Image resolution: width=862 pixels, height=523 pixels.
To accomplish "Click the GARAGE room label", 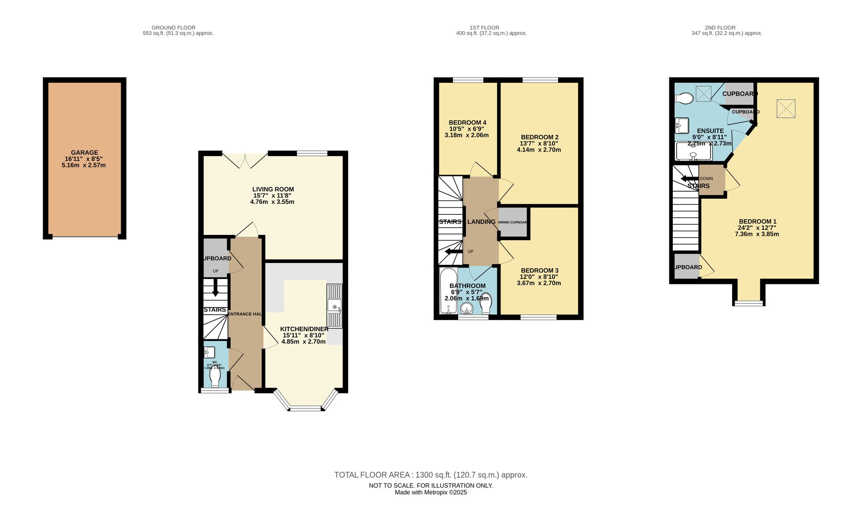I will [x=84, y=153].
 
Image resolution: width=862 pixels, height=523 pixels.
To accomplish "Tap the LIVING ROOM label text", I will [x=273, y=189].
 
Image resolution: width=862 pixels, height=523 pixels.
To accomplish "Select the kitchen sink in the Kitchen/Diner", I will [x=334, y=305].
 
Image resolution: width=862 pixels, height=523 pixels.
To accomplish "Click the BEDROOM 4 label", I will [x=467, y=122].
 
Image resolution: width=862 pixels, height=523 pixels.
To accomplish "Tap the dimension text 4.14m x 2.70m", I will [x=539, y=150].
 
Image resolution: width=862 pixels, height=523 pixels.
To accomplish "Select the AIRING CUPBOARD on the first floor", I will [x=513, y=222].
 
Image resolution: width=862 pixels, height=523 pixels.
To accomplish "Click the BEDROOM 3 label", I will [x=539, y=270].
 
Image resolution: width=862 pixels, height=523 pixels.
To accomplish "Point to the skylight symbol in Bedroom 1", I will [x=786, y=109].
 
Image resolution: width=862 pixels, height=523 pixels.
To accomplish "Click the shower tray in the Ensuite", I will [x=693, y=151].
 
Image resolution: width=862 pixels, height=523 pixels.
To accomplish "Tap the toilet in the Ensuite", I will [x=684, y=99].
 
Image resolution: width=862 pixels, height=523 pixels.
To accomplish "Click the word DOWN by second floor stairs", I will [x=706, y=179].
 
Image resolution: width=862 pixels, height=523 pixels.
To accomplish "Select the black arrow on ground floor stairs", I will [x=215, y=287].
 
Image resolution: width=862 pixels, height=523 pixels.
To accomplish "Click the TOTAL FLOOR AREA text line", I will [x=431, y=475].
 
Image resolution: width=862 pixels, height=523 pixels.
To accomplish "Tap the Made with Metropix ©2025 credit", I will [x=431, y=492].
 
